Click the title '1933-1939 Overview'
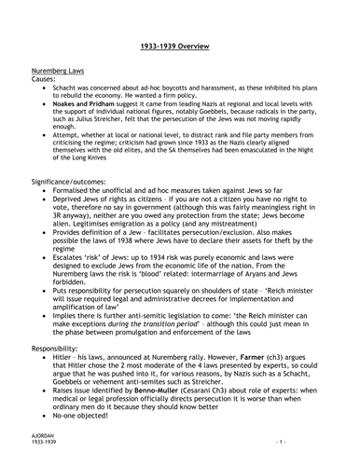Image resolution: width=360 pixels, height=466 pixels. [180, 45]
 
